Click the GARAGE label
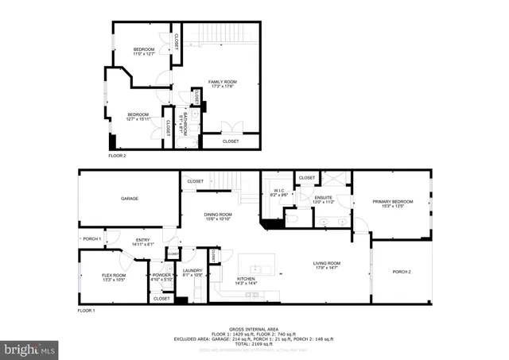[x=130, y=198]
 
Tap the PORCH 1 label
[x=92, y=238]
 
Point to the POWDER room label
[x=161, y=275]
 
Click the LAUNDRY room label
[x=192, y=271]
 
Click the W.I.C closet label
[x=279, y=191]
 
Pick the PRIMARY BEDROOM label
[x=394, y=202]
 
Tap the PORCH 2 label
[x=402, y=272]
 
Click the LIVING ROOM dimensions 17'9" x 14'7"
[x=326, y=268]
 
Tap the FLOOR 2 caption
[x=118, y=156]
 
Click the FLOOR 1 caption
[x=86, y=311]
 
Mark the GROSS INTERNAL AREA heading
[x=254, y=327]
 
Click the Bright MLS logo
[x=30, y=348]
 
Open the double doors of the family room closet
[x=229, y=127]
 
